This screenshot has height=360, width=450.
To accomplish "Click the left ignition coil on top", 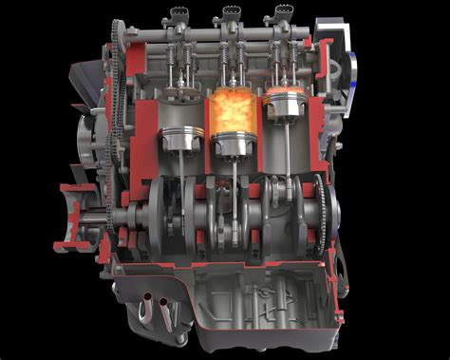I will [x=178, y=16].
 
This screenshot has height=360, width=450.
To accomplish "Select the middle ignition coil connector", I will [x=231, y=14].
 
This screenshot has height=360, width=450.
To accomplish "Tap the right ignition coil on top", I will [x=283, y=15].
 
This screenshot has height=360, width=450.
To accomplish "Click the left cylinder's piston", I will [x=177, y=140].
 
